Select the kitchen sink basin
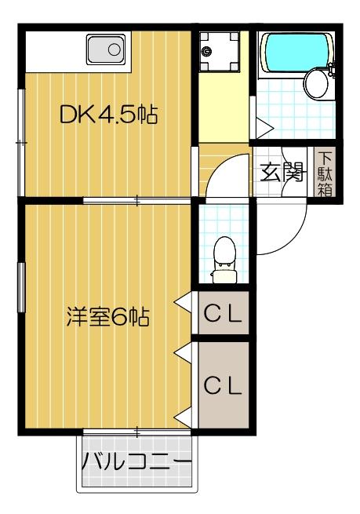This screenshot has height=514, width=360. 107,51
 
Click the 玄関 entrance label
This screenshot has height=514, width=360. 282,170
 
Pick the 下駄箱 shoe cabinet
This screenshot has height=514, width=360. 324,173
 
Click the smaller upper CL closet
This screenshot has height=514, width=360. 224,315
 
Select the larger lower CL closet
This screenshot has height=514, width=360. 224,385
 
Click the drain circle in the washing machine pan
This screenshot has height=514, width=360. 206,52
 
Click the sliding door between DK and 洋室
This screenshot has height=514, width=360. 136,202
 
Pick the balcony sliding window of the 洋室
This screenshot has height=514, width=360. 136,432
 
